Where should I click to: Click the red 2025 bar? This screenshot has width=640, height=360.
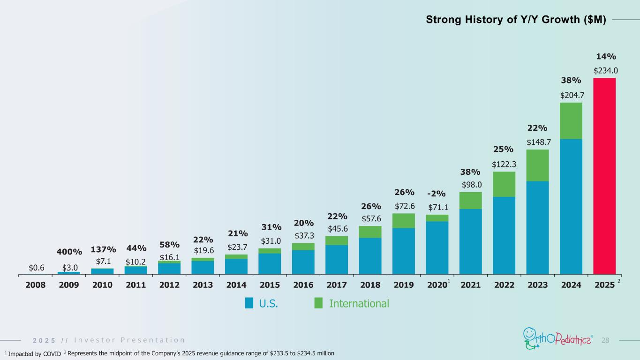(x=604, y=176)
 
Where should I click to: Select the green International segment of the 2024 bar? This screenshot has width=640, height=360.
(x=571, y=121)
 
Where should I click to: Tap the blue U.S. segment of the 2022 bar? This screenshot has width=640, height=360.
(x=504, y=235)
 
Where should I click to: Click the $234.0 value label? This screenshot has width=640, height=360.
(x=606, y=71)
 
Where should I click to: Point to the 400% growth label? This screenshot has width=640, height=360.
(x=69, y=253)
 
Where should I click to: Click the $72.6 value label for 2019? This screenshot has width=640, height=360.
(x=404, y=206)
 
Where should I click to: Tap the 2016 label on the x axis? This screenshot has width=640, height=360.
(x=303, y=285)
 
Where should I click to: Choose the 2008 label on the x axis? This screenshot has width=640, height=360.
(x=35, y=285)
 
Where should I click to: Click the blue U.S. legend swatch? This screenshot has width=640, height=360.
(x=249, y=303)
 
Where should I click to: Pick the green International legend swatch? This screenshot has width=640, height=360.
(x=318, y=303)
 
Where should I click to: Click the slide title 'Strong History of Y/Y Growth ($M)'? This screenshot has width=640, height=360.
(x=516, y=20)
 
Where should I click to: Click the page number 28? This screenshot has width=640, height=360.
(x=605, y=339)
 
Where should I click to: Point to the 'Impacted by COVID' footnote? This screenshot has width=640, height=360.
(x=33, y=353)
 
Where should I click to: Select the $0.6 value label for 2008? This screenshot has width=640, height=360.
(x=37, y=268)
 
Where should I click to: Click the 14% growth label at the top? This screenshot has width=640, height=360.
(x=606, y=57)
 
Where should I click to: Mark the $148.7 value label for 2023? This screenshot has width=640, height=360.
(x=538, y=142)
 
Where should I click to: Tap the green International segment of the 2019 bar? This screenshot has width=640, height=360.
(x=404, y=221)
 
